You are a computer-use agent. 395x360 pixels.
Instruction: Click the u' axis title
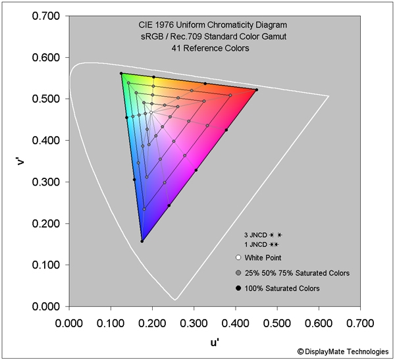coord(215,342)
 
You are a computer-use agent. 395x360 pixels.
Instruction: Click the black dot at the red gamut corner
coord(256,90)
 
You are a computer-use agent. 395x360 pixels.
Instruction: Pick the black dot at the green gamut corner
coord(121,73)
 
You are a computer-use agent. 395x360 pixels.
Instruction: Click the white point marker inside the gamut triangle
coord(151,113)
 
